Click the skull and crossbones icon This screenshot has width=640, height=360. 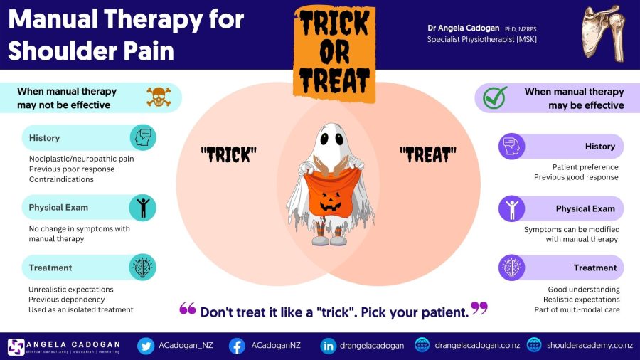tap(158, 97)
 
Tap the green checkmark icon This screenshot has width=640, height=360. tap(495, 97)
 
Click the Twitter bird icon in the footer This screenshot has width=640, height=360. tap(146, 346)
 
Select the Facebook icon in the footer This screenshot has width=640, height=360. tap(238, 346)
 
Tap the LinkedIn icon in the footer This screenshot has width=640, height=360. tap(329, 346)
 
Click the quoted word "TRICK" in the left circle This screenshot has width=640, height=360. tap(228, 153)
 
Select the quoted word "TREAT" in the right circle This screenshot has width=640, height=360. tap(428, 153)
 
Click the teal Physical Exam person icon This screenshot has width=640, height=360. tap(142, 208)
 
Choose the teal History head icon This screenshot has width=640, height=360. tap(142, 137)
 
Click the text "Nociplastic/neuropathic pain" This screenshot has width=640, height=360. tap(81, 159)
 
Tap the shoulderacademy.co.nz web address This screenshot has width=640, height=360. tap(590, 346)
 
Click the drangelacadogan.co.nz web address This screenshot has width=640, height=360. tap(477, 346)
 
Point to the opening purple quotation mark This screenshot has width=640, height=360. tap(188, 308)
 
